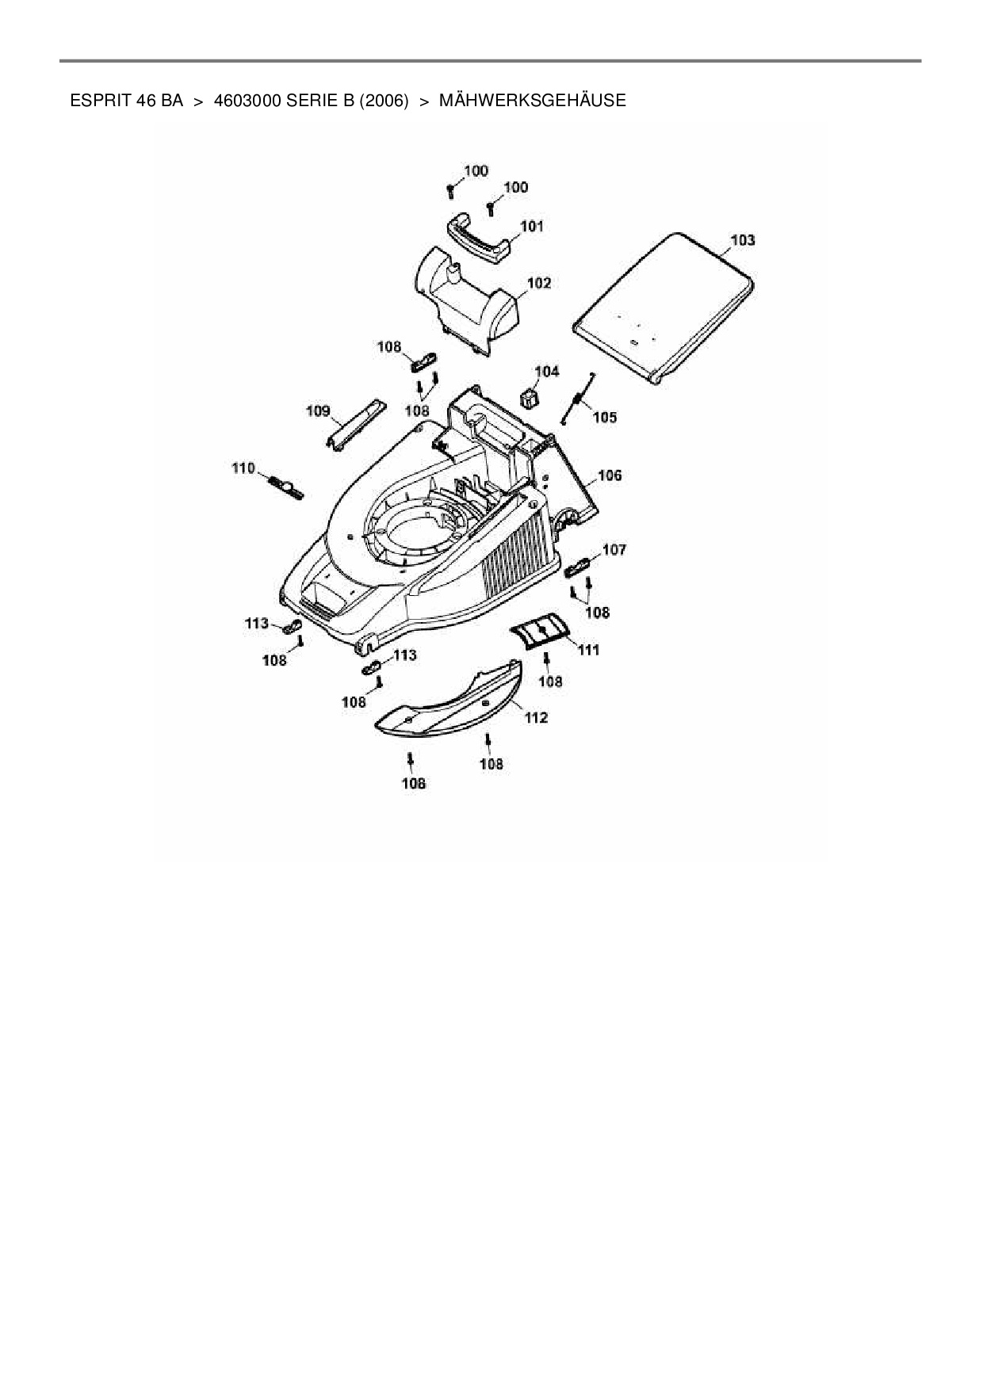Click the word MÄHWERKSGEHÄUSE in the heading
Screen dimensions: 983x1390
[532, 101]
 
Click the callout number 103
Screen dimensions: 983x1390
[742, 240]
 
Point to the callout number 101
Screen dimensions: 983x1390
[531, 227]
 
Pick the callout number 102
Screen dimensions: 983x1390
[538, 283]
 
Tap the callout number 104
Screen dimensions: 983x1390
[546, 371]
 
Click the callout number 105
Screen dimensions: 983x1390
[604, 418]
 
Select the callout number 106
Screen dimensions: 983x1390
[609, 475]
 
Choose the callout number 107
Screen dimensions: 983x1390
[614, 549]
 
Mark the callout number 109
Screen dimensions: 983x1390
[318, 411]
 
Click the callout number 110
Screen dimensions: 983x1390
[243, 468]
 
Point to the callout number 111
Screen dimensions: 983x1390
[587, 650]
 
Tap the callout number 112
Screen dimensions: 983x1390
[536, 718]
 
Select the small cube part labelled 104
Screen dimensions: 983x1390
[529, 394]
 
